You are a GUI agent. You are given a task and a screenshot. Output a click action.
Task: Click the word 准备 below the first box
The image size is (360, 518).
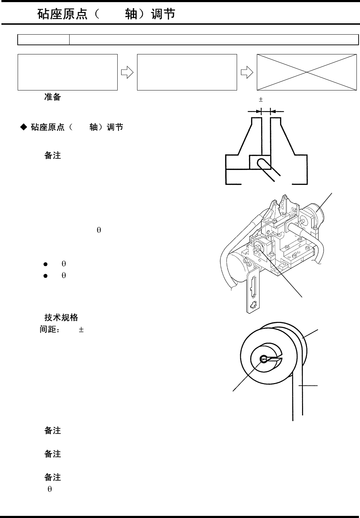(52, 97)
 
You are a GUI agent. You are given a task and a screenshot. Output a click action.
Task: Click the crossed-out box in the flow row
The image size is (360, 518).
(306, 72)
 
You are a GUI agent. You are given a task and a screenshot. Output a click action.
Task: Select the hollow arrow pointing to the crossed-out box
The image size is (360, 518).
(247, 72)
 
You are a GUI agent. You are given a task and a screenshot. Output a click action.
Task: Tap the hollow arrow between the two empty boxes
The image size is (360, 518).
(127, 72)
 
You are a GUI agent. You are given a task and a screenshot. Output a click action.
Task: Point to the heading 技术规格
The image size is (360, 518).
(61, 317)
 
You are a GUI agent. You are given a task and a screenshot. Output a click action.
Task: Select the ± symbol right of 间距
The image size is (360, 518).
(81, 330)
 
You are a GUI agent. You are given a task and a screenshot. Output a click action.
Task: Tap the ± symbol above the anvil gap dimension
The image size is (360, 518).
(261, 100)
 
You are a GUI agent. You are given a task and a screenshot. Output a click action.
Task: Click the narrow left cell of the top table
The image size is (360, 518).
(43, 40)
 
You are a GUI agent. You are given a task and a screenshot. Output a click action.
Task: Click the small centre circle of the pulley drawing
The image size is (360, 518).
(264, 359)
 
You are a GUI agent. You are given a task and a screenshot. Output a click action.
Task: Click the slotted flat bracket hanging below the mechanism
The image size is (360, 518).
(253, 290)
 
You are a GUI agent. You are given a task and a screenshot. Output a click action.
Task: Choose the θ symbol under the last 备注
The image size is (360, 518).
(50, 489)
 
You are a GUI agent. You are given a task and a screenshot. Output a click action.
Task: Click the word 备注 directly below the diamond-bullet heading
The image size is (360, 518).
(52, 155)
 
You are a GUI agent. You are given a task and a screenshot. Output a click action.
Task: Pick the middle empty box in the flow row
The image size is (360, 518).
(187, 72)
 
